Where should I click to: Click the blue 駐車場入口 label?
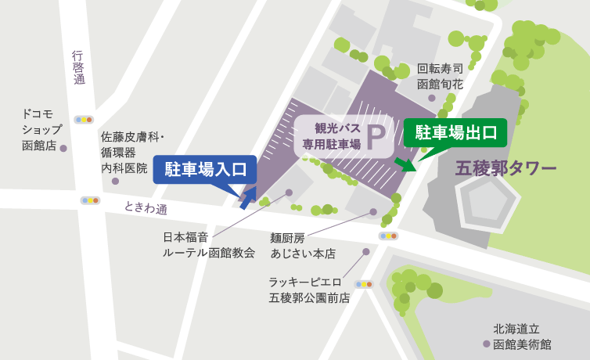(x=205, y=168)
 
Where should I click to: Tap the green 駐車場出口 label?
(x=455, y=131)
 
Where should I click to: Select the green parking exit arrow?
(x=405, y=164)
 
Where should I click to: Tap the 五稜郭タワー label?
(x=506, y=168)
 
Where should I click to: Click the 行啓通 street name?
(x=78, y=67)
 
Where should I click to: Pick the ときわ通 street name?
(x=146, y=209)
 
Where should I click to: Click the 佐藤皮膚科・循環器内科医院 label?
(x=130, y=152)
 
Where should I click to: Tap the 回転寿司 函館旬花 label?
(x=441, y=76)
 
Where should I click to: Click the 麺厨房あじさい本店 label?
(x=302, y=246)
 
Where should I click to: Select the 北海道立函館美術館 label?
(x=522, y=336)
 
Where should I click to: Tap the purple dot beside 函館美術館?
(x=487, y=344)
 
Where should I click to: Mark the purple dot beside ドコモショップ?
(x=63, y=147)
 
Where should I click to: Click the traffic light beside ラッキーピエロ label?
(x=364, y=284)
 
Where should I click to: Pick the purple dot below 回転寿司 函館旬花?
(x=432, y=98)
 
